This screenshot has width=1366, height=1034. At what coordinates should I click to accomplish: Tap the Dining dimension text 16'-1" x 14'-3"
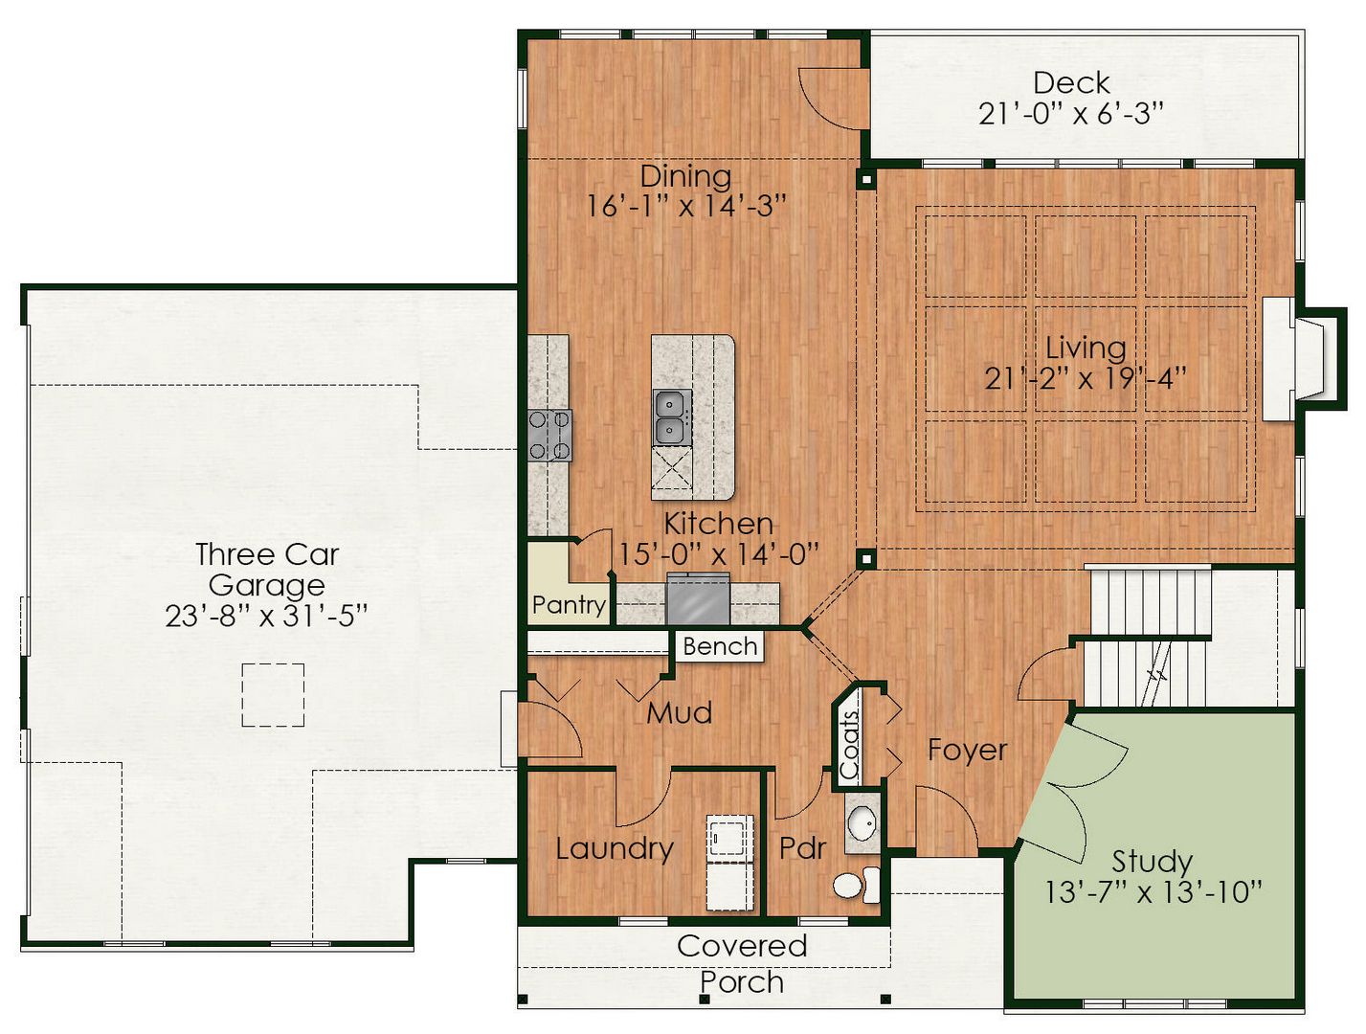click(x=687, y=206)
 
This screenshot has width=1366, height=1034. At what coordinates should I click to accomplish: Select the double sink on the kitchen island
click(x=672, y=417)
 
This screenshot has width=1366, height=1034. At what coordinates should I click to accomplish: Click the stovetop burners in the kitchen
click(x=549, y=435)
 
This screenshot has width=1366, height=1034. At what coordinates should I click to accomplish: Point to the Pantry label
click(x=569, y=604)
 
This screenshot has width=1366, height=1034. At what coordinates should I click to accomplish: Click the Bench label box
click(x=720, y=646)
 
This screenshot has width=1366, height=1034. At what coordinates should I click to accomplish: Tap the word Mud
click(x=679, y=713)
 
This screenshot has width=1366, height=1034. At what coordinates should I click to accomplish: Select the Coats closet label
click(x=849, y=745)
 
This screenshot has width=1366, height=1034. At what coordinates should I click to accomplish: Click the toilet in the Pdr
click(x=857, y=886)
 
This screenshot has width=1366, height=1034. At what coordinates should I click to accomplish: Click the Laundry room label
click(x=615, y=849)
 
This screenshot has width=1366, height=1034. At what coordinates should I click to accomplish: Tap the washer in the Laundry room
click(x=730, y=838)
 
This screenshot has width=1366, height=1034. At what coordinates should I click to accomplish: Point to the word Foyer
click(x=967, y=751)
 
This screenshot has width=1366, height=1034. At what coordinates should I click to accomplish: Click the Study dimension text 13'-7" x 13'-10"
click(x=1153, y=892)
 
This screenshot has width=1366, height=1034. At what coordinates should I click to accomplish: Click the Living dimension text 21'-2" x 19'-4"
click(x=1086, y=378)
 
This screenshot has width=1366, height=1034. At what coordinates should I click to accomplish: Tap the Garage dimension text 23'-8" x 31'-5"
click(x=266, y=616)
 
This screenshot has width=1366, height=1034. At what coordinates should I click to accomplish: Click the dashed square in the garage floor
click(x=273, y=695)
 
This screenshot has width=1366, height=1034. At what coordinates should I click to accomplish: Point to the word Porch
click(x=742, y=982)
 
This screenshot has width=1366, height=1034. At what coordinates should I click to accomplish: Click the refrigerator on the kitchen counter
click(x=698, y=598)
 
